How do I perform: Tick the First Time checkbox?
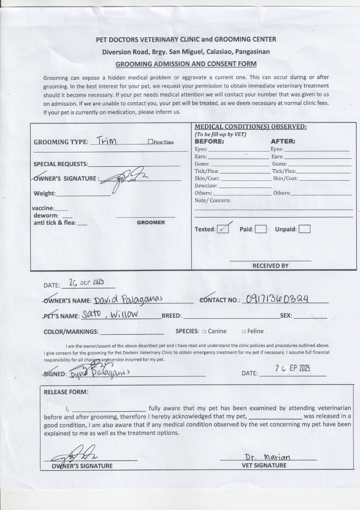(151, 142)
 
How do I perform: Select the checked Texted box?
(223, 229)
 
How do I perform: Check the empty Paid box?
(261, 229)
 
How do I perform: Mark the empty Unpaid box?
(305, 229)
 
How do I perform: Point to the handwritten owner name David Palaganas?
(128, 299)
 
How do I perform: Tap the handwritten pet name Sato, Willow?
(110, 314)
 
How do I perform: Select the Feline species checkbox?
(244, 331)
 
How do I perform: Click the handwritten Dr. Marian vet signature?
(267, 457)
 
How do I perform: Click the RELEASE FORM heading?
(66, 391)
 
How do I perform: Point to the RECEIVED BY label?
(270, 266)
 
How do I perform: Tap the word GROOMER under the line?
(151, 222)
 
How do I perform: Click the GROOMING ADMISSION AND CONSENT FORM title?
(186, 64)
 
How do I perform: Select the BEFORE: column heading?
(209, 141)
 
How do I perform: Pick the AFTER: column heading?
(283, 141)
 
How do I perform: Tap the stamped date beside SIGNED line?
(292, 369)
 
